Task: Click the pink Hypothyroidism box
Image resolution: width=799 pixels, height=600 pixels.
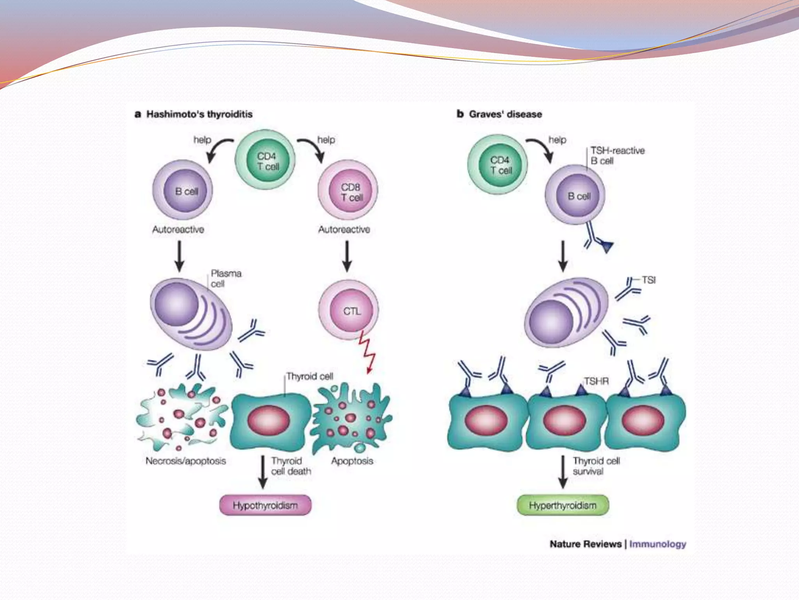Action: pos(265,505)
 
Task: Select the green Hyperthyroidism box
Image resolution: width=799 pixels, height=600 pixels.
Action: pos(563,505)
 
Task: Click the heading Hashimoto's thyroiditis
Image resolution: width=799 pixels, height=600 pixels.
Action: pos(199,114)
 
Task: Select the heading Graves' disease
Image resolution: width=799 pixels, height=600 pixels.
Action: pos(505,114)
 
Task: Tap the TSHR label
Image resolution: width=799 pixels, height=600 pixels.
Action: pos(596,381)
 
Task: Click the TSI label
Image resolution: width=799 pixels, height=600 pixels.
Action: pos(649,280)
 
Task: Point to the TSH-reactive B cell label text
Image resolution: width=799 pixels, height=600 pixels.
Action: pos(617,155)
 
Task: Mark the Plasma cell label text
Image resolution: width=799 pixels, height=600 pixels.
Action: pos(226,278)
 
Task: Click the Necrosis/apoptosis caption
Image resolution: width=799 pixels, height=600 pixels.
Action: pos(186,461)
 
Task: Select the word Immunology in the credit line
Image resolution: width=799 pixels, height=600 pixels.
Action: pos(658,544)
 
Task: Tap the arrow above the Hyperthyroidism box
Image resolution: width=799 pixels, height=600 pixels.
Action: pos(563,472)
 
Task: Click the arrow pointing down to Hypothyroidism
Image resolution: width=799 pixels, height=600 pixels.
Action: pos(263,472)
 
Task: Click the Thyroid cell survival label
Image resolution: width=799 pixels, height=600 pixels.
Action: pos(596,466)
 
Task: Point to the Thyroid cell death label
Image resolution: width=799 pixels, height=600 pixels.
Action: pos(291,466)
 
